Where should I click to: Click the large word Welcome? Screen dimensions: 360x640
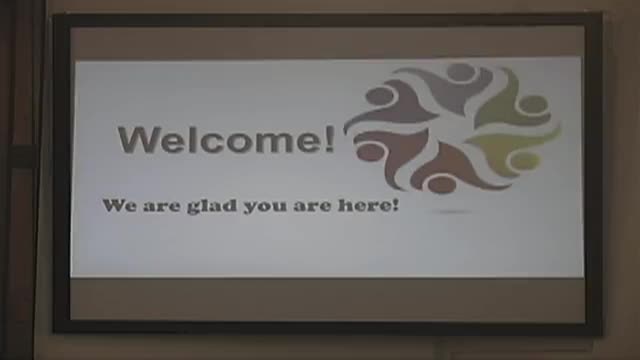[x=225, y=139]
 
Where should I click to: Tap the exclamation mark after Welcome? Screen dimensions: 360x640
[x=330, y=139]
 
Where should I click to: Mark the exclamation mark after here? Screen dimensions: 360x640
[x=397, y=205]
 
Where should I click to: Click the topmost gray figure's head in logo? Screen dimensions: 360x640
[x=461, y=72]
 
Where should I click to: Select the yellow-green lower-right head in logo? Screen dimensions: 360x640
[x=523, y=160]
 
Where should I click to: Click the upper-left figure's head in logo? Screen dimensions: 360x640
[x=381, y=95]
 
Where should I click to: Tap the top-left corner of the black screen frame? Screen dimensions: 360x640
[x=56, y=16]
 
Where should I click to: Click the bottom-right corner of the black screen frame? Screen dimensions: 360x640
[x=599, y=331]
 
